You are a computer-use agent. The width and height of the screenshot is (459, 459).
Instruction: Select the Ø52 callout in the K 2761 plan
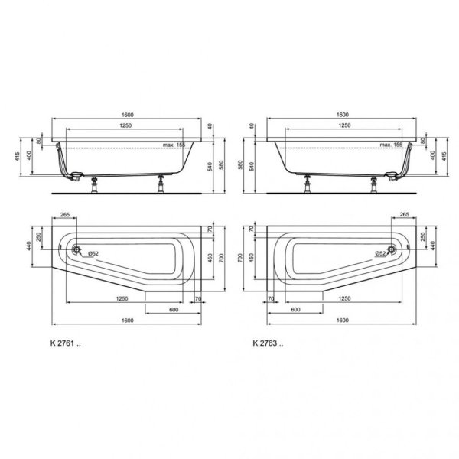92,252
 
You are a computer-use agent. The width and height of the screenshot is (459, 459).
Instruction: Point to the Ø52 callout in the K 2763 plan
376,252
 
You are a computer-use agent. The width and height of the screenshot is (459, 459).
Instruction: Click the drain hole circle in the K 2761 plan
76,249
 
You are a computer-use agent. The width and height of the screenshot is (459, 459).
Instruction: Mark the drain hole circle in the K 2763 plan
392,249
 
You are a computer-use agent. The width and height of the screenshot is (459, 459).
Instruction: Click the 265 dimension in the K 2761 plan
63,216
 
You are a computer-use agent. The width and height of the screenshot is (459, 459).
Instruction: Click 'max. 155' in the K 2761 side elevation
174,144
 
